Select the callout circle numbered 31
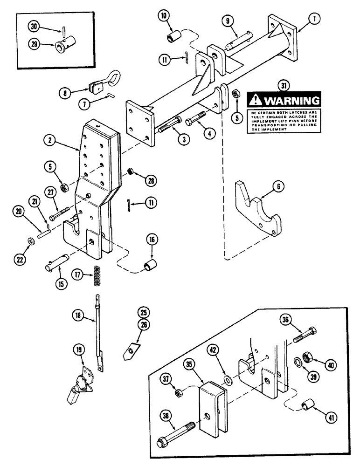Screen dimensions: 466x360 282,85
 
